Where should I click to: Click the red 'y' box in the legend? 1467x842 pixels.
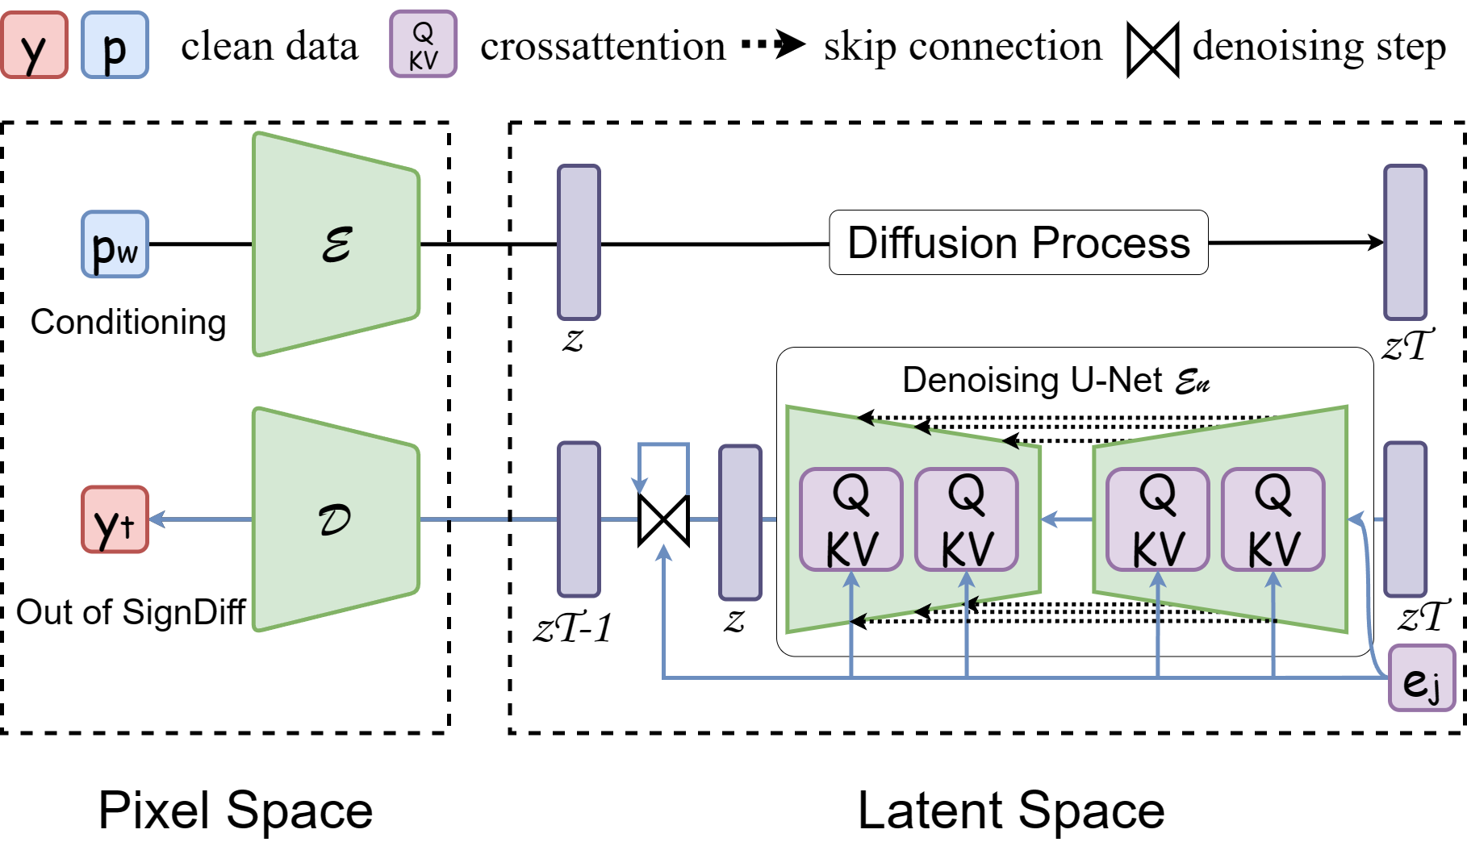(34, 45)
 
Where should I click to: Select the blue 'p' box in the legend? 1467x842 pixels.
(115, 45)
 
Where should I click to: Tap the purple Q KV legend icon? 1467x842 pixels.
(423, 44)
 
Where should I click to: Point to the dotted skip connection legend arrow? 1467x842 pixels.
(773, 44)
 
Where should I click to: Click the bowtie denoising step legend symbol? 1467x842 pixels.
(1152, 50)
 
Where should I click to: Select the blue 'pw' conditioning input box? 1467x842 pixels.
(115, 244)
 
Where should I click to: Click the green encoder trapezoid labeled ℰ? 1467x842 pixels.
(336, 244)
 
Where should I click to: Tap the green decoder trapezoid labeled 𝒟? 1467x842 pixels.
(336, 519)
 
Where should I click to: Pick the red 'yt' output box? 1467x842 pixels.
(115, 519)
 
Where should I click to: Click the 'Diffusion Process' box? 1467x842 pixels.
(1018, 243)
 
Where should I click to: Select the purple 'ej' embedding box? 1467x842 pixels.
(1422, 678)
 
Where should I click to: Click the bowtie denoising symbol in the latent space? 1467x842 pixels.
(663, 520)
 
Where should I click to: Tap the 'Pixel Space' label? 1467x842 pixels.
(235, 810)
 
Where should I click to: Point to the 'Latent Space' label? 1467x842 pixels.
(1011, 810)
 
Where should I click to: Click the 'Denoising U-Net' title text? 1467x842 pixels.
(1032, 380)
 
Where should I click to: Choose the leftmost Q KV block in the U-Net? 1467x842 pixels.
(851, 519)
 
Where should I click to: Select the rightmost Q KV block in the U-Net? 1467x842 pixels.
(1273, 519)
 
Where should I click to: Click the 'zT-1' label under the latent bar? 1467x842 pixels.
(573, 627)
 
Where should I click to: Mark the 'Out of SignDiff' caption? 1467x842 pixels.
(131, 612)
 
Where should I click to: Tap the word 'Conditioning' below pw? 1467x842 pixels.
(128, 323)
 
